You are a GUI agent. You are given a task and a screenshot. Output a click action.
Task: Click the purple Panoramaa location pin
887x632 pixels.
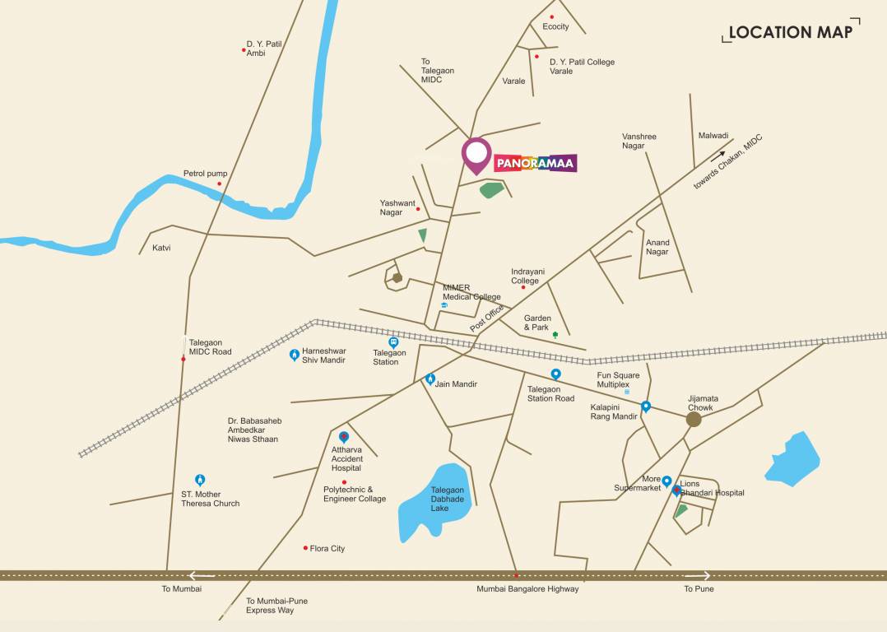[x=476, y=154]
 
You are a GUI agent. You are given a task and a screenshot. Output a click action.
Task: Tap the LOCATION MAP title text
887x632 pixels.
[x=790, y=32]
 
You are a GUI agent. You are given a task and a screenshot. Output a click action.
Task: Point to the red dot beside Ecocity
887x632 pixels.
[x=551, y=16]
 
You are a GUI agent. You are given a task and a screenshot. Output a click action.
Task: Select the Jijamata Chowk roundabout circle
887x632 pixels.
[x=694, y=419]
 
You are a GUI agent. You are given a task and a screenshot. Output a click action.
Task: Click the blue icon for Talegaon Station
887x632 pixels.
[x=393, y=342]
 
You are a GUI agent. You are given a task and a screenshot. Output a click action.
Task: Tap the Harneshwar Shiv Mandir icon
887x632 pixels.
[x=295, y=355]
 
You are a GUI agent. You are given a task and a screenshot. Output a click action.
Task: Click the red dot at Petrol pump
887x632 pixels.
[x=220, y=184]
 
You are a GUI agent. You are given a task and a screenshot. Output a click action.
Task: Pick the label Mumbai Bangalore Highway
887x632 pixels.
[x=527, y=589]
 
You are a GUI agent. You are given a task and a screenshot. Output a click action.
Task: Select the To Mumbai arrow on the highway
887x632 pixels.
[x=202, y=576]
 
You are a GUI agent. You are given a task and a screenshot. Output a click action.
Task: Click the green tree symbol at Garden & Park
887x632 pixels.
[x=555, y=335]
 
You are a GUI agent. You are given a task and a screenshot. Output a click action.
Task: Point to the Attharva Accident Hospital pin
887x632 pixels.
[x=344, y=437]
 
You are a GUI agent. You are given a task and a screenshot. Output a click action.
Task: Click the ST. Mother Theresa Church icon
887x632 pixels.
[x=199, y=480]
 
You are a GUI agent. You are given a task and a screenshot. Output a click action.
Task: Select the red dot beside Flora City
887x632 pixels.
[x=305, y=548]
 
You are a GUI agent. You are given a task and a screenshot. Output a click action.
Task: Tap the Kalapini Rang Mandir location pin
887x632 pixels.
[x=646, y=406]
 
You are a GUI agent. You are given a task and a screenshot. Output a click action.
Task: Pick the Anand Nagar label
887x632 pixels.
[x=657, y=247]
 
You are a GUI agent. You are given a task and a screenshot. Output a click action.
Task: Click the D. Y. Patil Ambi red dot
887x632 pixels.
[x=244, y=50]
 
